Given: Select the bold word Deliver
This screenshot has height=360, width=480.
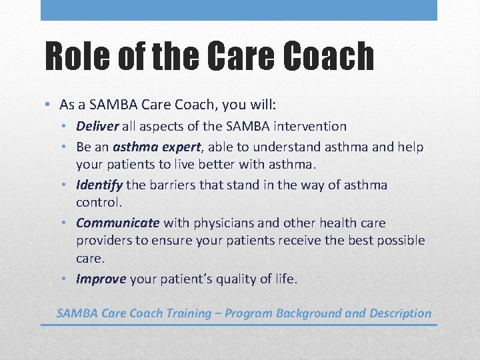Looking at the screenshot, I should coord(97,126).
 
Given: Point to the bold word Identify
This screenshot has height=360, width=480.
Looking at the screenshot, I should coord(99,185).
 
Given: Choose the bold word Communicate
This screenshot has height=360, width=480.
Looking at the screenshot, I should coord(118,223).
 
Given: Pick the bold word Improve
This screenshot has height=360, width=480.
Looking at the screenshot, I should coord(101,279).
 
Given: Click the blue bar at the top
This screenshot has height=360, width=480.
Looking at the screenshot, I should coord(239,10).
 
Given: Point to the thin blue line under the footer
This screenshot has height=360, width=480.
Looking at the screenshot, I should coord(239,325).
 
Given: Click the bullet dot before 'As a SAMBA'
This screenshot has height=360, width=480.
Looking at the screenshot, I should coord(49,105).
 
